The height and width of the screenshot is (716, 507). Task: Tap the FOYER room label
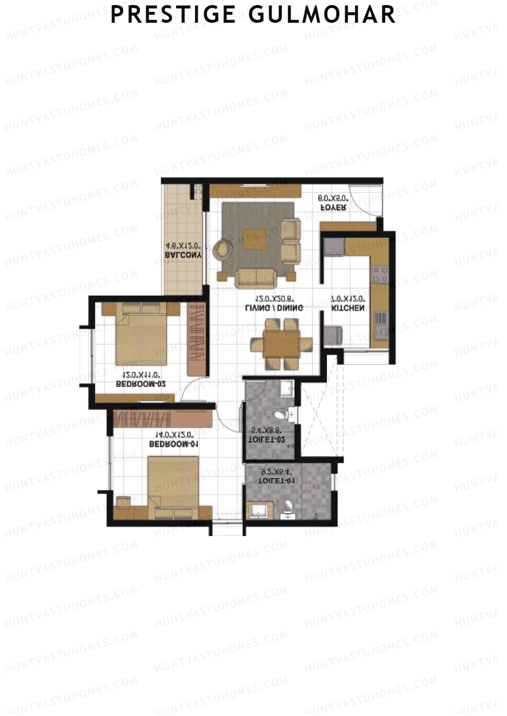[334, 208]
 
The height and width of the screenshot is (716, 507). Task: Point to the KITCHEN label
[347, 308]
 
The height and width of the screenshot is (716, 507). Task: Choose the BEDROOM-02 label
[140, 384]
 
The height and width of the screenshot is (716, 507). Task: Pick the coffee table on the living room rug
[254, 239]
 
